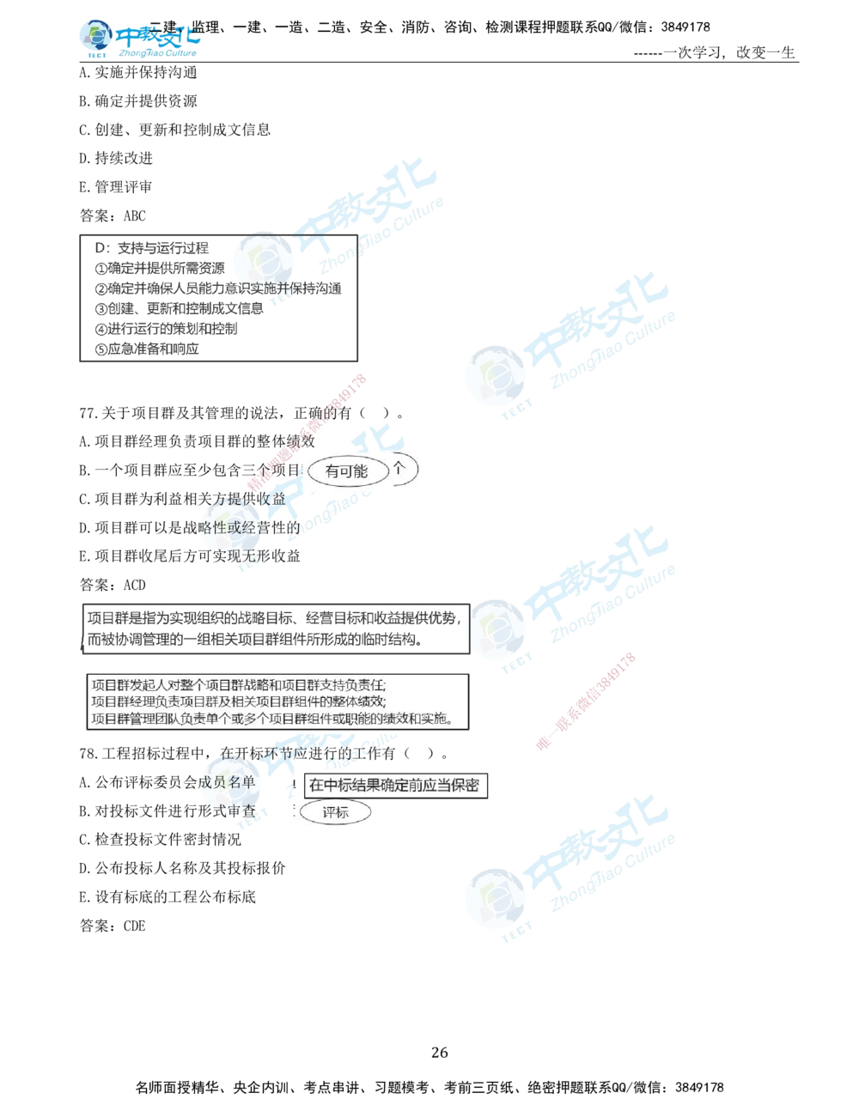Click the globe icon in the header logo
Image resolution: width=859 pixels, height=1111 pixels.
[94, 36]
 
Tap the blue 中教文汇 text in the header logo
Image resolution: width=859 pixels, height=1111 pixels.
[158, 38]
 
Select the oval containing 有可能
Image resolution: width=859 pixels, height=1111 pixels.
[346, 471]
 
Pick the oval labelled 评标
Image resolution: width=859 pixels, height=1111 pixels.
[335, 813]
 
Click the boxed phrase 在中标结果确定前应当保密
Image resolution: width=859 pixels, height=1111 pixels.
[393, 785]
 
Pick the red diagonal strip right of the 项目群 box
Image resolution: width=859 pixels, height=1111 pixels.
[586, 702]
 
